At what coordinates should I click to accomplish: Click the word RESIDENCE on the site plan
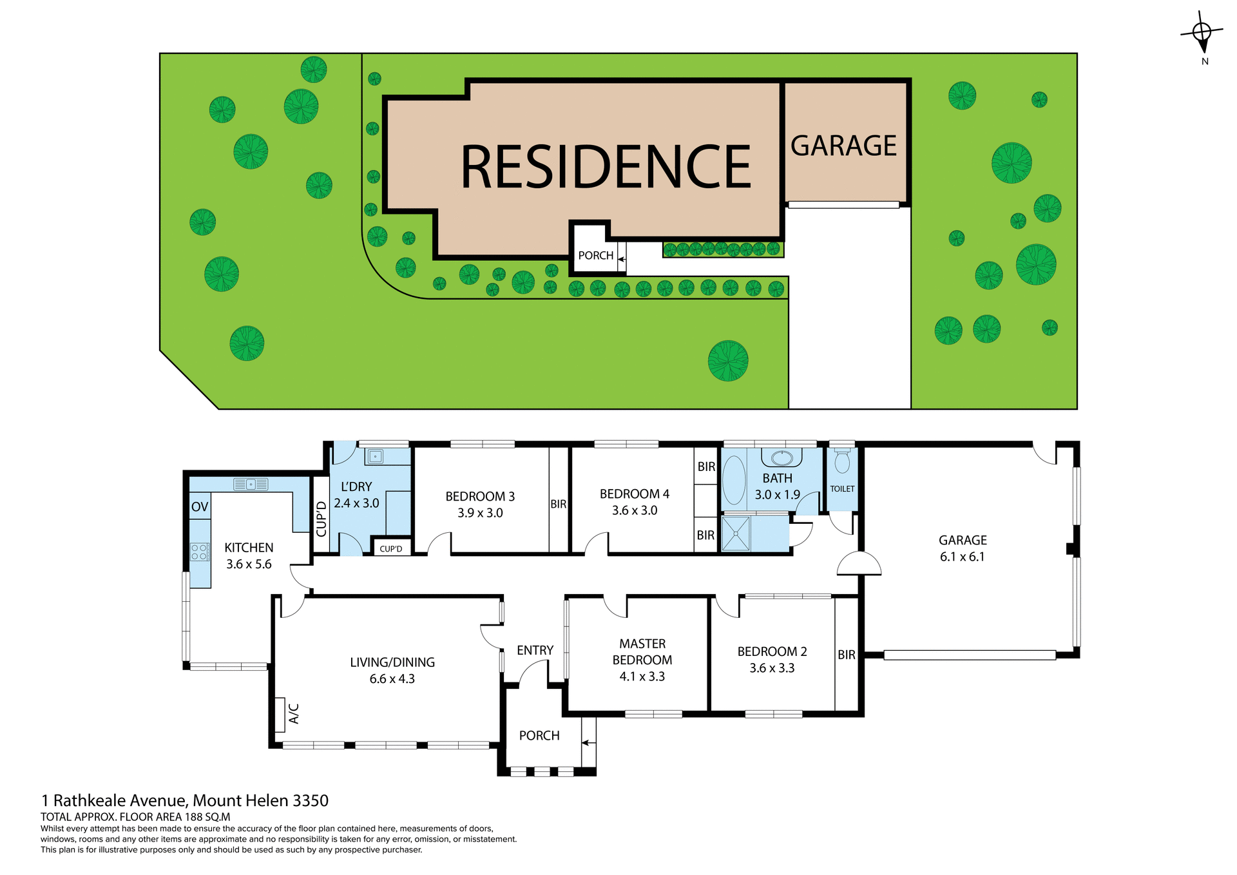[x=606, y=167]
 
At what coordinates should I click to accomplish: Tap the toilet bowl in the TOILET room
[x=842, y=462]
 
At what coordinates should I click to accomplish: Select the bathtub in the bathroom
[x=734, y=481]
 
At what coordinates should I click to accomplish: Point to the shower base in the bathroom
[x=736, y=534]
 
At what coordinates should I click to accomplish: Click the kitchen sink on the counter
[x=251, y=484]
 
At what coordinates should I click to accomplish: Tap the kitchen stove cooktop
[x=200, y=552]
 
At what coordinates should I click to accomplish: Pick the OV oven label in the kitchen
[x=200, y=507]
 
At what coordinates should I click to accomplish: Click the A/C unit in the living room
[x=280, y=715]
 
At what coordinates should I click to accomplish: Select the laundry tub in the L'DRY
[x=375, y=457]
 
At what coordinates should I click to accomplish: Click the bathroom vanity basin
[x=782, y=458]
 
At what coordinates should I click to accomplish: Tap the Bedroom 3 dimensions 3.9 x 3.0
[x=480, y=513]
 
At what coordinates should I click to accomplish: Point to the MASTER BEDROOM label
[x=642, y=651]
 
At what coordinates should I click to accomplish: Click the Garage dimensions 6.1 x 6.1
[x=962, y=557]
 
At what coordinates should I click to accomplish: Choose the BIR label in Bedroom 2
[x=847, y=655]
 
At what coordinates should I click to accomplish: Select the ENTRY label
[x=535, y=650]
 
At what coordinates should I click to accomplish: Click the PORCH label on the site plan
[x=595, y=256]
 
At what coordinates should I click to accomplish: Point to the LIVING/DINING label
[x=392, y=662]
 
